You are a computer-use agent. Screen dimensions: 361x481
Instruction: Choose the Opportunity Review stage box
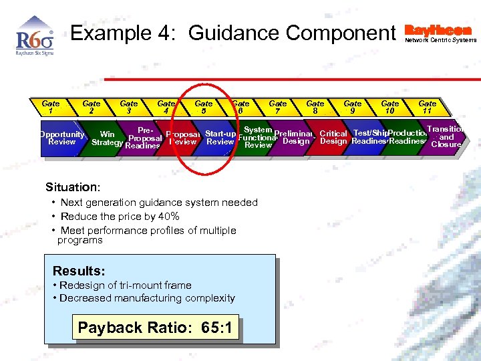click(61, 138)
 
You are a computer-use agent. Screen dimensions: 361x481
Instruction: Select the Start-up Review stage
click(220, 137)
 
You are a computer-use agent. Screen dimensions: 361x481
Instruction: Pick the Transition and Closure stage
click(446, 136)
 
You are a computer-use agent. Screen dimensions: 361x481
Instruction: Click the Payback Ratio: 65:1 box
click(155, 328)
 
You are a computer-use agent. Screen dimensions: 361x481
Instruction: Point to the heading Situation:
click(73, 187)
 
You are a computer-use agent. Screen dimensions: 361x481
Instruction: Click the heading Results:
click(79, 271)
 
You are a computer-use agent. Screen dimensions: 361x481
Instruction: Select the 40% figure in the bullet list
click(167, 216)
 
